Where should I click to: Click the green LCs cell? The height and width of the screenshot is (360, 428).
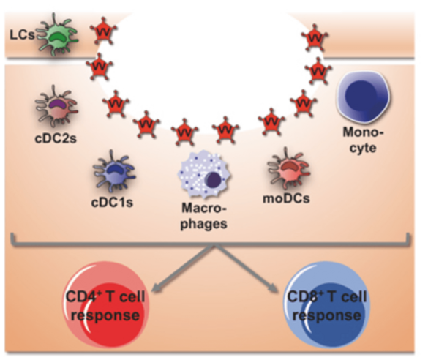pos(58,35)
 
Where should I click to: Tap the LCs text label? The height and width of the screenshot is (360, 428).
pos(22,35)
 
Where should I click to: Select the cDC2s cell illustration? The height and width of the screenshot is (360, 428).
pos(56,106)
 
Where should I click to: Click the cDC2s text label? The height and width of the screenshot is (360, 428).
pos(56,138)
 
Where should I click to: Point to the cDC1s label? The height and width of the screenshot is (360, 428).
pos(112,203)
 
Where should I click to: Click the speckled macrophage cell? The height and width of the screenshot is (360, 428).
pos(204,176)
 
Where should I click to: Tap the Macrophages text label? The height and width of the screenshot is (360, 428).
pos(204,216)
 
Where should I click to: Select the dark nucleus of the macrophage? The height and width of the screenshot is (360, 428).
pos(213,180)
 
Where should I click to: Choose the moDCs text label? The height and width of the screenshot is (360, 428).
pos(286,199)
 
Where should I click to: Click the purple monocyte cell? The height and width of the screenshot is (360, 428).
pos(364,97)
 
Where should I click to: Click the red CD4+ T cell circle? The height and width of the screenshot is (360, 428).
pos(106,304)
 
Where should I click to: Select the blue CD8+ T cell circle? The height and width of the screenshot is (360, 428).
pos(327,304)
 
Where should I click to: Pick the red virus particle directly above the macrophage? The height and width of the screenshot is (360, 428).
pos(184,132)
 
